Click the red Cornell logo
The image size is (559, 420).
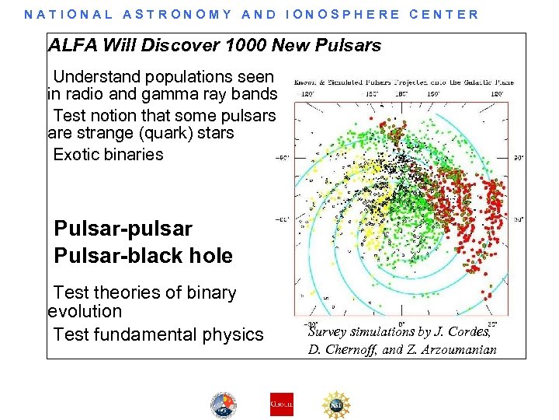click(x=281, y=404)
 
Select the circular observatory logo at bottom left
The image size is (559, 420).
click(x=224, y=404)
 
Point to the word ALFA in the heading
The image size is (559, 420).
click(x=71, y=46)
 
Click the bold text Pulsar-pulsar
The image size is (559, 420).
click(x=123, y=229)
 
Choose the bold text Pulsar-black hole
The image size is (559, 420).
click(x=143, y=256)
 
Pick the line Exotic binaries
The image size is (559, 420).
click(x=108, y=154)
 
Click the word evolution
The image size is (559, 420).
click(x=85, y=312)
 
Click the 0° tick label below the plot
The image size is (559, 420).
click(x=401, y=323)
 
